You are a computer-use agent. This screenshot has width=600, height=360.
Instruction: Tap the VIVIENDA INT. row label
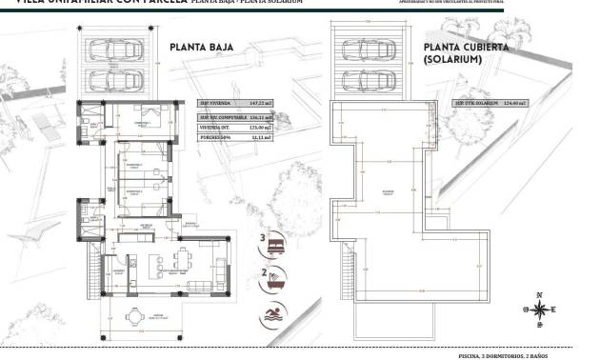click(215, 127)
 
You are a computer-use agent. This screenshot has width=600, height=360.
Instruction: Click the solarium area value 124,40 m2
click(516, 102)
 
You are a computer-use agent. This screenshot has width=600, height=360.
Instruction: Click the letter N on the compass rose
click(539, 294)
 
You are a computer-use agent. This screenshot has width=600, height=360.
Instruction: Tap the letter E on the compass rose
click(555, 310)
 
